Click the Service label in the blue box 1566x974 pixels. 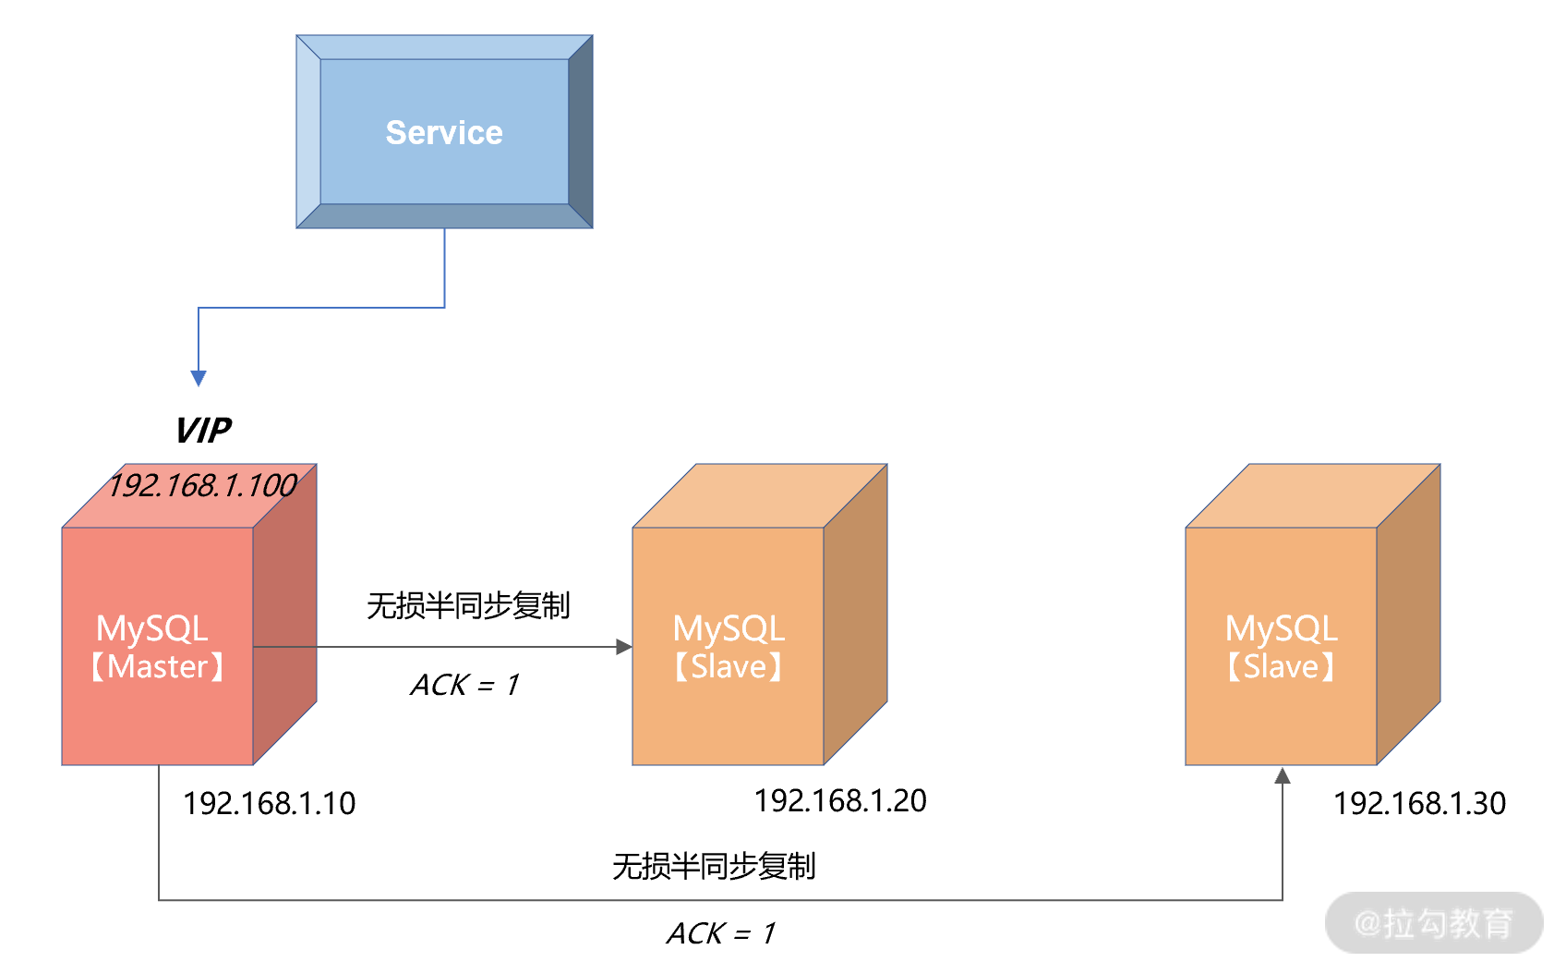coord(444,132)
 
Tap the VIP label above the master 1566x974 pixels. coord(203,431)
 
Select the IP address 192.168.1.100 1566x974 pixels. coord(202,485)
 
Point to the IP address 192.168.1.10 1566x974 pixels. coord(269,803)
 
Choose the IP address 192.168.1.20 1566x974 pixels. coord(840,800)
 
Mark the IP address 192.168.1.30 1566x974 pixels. coord(1419,803)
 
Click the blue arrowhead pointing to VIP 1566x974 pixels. coord(199,377)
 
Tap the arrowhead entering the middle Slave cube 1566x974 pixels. coord(624,647)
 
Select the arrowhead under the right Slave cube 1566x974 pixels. coord(1283,776)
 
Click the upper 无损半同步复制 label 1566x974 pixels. coord(468,606)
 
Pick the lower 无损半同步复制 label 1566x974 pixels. coord(714,867)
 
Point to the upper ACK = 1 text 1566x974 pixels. coord(465,685)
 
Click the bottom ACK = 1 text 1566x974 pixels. coord(721,933)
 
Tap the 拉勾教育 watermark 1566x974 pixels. coord(1434,922)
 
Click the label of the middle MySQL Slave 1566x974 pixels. coord(729,647)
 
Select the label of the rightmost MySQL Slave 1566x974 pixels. coord(1281,647)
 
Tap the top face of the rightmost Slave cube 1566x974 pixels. coord(1312,495)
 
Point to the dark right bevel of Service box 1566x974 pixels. coord(580,132)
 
